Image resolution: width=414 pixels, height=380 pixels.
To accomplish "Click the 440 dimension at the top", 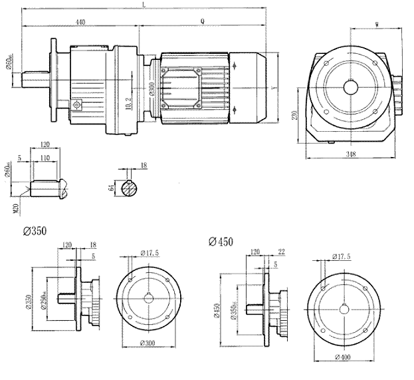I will pyautogui.click(x=80, y=22).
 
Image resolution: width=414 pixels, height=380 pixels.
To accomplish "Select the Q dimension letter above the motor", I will pyautogui.click(x=202, y=21).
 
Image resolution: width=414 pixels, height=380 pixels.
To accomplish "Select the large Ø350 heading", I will pyautogui.click(x=35, y=231).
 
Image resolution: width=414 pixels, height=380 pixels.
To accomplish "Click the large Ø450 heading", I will pyautogui.click(x=221, y=242).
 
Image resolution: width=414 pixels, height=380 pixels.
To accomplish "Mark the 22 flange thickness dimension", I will pyautogui.click(x=282, y=252).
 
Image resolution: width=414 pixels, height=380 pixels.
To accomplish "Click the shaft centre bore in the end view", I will pyautogui.click(x=350, y=87).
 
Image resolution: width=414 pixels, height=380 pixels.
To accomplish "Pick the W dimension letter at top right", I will pyautogui.click(x=377, y=25).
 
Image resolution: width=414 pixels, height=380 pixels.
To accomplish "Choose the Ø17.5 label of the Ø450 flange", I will pyautogui.click(x=342, y=257).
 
